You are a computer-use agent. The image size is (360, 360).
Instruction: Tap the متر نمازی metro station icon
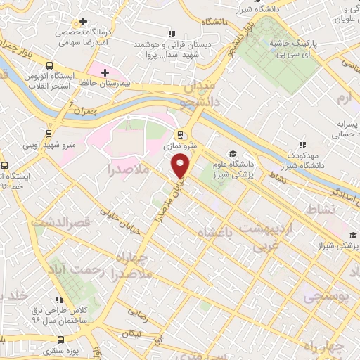(181, 134)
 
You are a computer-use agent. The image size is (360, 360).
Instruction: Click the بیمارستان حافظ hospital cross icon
(105, 72)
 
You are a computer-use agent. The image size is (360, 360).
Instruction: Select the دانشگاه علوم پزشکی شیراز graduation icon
(231, 154)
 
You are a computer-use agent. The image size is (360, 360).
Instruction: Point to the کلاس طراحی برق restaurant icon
(59, 300)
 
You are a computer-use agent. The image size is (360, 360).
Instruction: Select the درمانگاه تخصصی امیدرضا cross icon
(83, 22)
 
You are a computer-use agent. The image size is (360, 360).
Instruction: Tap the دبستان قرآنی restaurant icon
(171, 33)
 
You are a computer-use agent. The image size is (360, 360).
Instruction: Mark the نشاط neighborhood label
(315, 210)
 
